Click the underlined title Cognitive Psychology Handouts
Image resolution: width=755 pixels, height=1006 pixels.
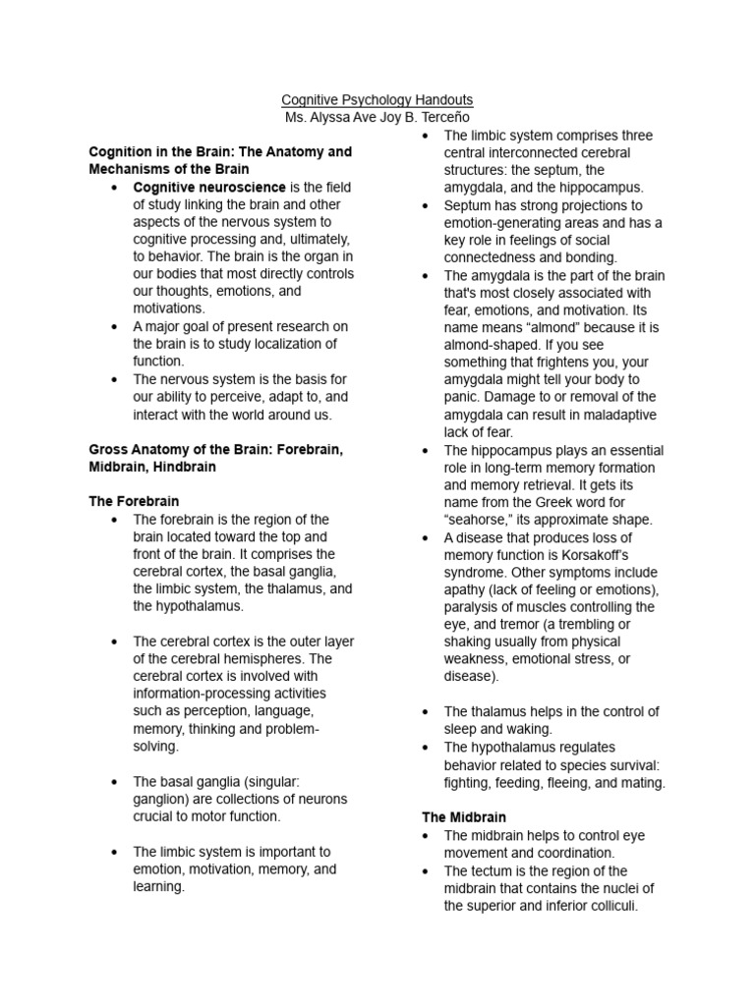click(x=377, y=100)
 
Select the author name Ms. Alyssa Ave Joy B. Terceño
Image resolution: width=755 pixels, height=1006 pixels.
click(x=377, y=118)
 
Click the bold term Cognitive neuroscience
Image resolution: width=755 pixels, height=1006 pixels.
click(x=209, y=187)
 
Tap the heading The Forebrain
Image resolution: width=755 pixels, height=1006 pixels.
click(x=134, y=501)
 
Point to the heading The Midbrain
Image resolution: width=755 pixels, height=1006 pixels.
click(x=464, y=817)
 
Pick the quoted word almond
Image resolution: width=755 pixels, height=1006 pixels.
click(x=589, y=327)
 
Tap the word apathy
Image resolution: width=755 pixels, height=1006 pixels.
click(x=467, y=589)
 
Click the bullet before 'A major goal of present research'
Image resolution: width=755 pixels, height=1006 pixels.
click(x=115, y=327)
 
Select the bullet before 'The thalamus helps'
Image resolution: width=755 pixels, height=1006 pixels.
click(x=426, y=712)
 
